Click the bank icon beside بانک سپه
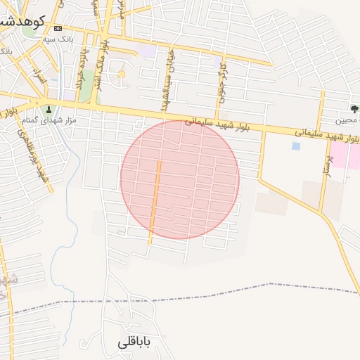(x=58, y=27)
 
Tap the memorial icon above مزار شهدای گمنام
(x=49, y=109)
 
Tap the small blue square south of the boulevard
(x=295, y=146)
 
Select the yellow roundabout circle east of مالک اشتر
(x=121, y=74)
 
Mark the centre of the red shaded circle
(x=180, y=179)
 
